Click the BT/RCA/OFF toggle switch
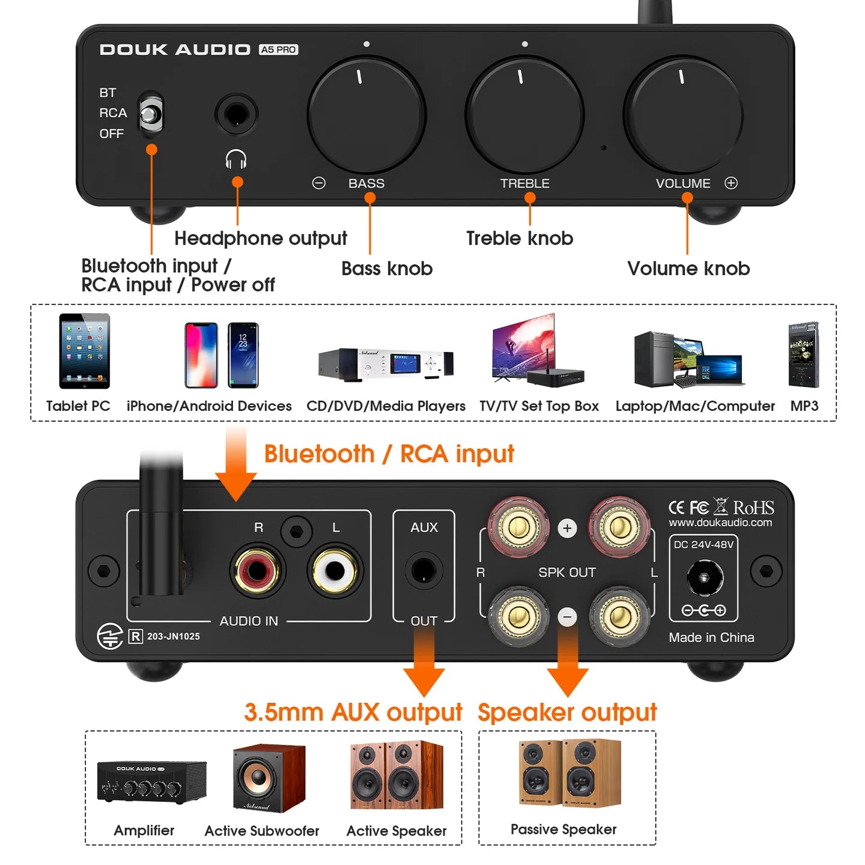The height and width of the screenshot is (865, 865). [151, 113]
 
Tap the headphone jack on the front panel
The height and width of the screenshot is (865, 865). [236, 114]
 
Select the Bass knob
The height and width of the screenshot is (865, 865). [366, 114]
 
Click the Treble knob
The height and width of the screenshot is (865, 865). [524, 114]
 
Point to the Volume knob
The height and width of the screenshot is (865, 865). [683, 114]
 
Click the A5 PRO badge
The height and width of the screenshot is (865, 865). [279, 50]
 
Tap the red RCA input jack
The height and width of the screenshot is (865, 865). [258, 570]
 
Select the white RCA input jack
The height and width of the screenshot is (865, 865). [335, 570]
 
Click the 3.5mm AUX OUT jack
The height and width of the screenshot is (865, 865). [423, 571]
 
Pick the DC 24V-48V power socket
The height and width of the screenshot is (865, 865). [704, 578]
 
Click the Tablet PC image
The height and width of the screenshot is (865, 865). [84, 351]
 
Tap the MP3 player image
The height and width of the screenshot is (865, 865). [804, 355]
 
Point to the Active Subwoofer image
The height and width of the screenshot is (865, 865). [269, 778]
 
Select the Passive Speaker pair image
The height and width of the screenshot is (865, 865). [569, 772]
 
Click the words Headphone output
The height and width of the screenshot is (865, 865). [261, 238]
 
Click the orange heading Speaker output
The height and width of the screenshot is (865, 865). [567, 712]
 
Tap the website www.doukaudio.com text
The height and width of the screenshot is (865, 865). [720, 523]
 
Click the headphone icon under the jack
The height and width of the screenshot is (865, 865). [236, 160]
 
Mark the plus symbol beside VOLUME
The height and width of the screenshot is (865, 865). [731, 183]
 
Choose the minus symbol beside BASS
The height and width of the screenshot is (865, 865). [319, 183]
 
